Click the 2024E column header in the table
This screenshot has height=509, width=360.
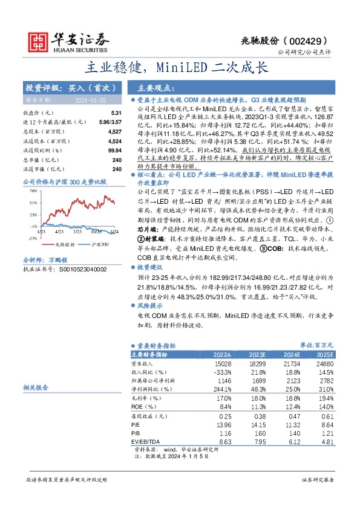[292, 355]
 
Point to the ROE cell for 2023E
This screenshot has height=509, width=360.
[258, 407]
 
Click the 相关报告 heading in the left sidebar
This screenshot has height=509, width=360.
[36, 387]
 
